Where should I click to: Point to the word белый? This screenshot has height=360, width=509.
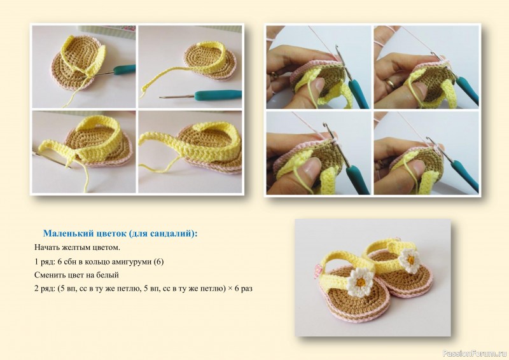(x=108, y=275)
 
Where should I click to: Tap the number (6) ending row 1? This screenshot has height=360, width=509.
(x=158, y=261)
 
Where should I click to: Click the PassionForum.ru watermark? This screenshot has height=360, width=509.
(x=474, y=354)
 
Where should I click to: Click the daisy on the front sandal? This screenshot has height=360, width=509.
(x=359, y=282)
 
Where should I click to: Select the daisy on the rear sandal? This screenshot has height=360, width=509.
(x=410, y=260)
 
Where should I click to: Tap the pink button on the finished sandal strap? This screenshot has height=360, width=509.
(x=317, y=271)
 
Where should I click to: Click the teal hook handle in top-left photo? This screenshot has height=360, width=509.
(x=124, y=69)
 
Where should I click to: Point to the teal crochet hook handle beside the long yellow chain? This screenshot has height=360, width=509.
(x=218, y=95)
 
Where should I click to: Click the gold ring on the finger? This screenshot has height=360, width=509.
(x=391, y=83)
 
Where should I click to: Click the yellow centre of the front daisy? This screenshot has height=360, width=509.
(x=359, y=282)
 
